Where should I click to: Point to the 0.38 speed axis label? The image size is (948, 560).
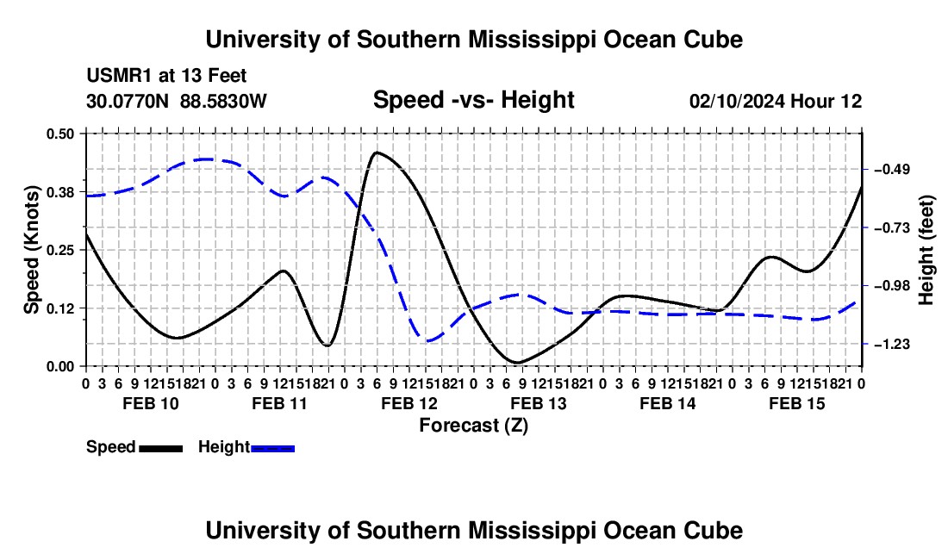pyautogui.click(x=59, y=192)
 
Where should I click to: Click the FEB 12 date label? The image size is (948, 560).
pyautogui.click(x=409, y=403)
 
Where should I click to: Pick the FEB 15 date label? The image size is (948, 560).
pyautogui.click(x=797, y=403)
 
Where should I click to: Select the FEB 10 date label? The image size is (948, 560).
pyautogui.click(x=151, y=403)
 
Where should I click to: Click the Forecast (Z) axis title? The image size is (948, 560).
pyautogui.click(x=474, y=426)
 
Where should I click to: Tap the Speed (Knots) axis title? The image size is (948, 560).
pyautogui.click(x=31, y=250)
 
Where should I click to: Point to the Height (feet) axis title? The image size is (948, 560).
pyautogui.click(x=926, y=250)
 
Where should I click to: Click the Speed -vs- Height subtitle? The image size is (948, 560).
pyautogui.click(x=474, y=100)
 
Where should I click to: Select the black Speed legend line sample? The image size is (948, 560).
pyautogui.click(x=161, y=449)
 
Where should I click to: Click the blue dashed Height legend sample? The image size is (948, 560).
pyautogui.click(x=272, y=449)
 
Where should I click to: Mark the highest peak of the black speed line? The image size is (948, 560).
pyautogui.click(x=377, y=152)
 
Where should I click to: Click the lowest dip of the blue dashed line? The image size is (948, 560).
pyautogui.click(x=428, y=341)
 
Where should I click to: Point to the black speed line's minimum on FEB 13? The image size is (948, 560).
pyautogui.click(x=518, y=363)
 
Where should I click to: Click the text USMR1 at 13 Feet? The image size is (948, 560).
pyautogui.click(x=166, y=76)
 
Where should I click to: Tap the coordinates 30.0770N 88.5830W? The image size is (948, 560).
pyautogui.click(x=176, y=101)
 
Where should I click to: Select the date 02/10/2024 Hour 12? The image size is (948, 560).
pyautogui.click(x=776, y=101)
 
